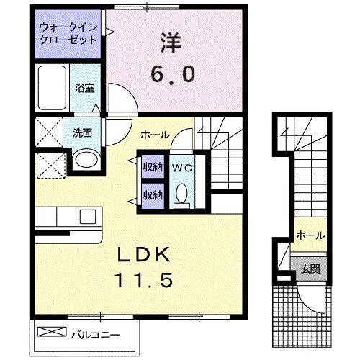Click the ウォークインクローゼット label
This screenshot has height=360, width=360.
coord(68,34)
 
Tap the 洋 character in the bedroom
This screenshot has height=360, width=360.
coord(171,42)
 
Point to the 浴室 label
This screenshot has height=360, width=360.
coord(85,88)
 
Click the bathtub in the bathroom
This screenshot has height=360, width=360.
coord(52,88)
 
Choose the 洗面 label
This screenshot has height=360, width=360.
coord(81,132)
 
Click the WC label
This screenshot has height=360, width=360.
coord(181,168)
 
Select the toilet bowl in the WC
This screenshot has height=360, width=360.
coord(181,193)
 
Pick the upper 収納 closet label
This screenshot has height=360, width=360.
coord(152,168)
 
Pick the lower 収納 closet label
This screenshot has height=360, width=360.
coord(152,194)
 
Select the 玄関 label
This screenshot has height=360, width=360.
coord(310,269)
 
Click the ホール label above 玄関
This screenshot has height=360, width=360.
coord(310,235)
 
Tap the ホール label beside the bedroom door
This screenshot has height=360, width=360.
coord(155,135)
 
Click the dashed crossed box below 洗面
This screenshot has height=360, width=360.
coord(49,166)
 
